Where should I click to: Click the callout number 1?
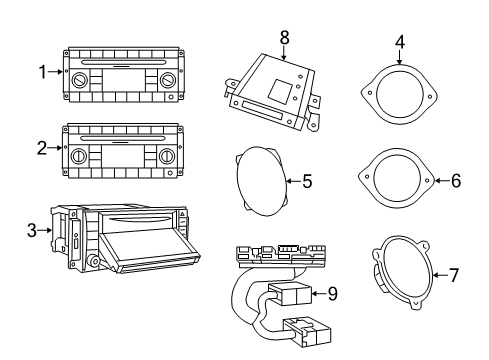(43, 71)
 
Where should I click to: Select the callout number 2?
(43, 149)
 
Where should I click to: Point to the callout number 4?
(399, 42)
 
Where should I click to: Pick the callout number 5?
(308, 181)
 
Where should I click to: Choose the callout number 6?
(457, 181)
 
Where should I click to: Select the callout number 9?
(333, 295)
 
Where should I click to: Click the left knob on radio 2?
(78, 158)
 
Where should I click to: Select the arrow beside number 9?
(318, 295)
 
